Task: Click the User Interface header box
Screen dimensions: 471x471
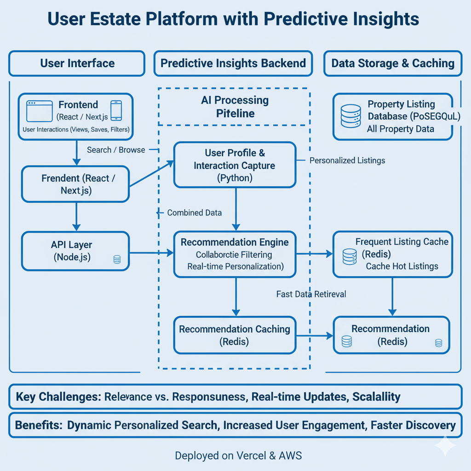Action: pos(77,63)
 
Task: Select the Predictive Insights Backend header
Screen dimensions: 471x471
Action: pos(233,63)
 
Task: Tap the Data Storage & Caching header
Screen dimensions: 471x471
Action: pos(392,63)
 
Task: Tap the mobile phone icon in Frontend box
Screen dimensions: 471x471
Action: pos(116,111)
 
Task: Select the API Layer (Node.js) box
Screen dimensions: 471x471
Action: pos(76,252)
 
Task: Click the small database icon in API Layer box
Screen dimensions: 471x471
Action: pos(117,260)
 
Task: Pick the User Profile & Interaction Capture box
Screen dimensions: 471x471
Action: pos(235,165)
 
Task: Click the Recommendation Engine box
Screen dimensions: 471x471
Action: pos(235,254)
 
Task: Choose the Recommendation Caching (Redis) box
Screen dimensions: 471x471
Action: pos(235,335)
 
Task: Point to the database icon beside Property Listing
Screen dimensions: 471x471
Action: pos(350,116)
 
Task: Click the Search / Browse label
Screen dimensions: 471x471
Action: pos(116,150)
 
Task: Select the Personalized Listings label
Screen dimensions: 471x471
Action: pos(347,161)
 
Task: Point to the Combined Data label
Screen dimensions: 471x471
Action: pos(194,213)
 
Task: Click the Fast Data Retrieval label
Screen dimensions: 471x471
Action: pos(311,294)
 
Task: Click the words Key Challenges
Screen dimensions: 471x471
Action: pos(58,396)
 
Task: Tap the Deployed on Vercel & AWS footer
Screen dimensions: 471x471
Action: pos(238,456)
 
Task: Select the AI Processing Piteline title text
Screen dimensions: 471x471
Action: pos(235,107)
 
